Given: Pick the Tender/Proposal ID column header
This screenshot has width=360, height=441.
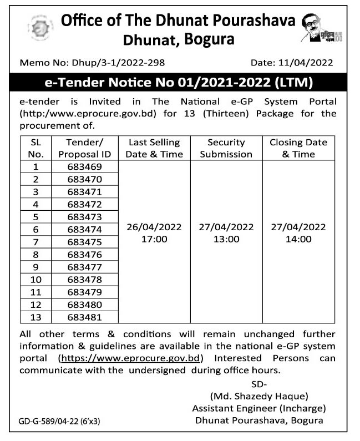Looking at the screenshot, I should (x=84, y=148).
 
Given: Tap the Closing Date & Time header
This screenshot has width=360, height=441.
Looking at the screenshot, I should (x=298, y=148).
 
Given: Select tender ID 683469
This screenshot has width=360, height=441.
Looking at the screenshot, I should (x=84, y=167).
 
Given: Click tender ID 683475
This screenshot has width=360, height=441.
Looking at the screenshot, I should (x=84, y=242).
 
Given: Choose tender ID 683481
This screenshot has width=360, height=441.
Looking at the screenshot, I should (x=84, y=317).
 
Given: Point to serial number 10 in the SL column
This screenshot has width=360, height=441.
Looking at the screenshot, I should (x=36, y=279).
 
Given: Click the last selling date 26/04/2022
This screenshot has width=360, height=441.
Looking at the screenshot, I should (x=154, y=227).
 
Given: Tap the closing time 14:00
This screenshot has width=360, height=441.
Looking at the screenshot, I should (x=298, y=240).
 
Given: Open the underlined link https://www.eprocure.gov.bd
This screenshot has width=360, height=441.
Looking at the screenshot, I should (x=131, y=358).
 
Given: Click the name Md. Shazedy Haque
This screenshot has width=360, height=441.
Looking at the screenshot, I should (x=258, y=396).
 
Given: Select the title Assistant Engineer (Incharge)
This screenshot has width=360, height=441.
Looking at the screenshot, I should (x=258, y=408).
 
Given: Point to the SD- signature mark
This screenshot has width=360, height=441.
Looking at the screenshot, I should (x=258, y=384).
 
